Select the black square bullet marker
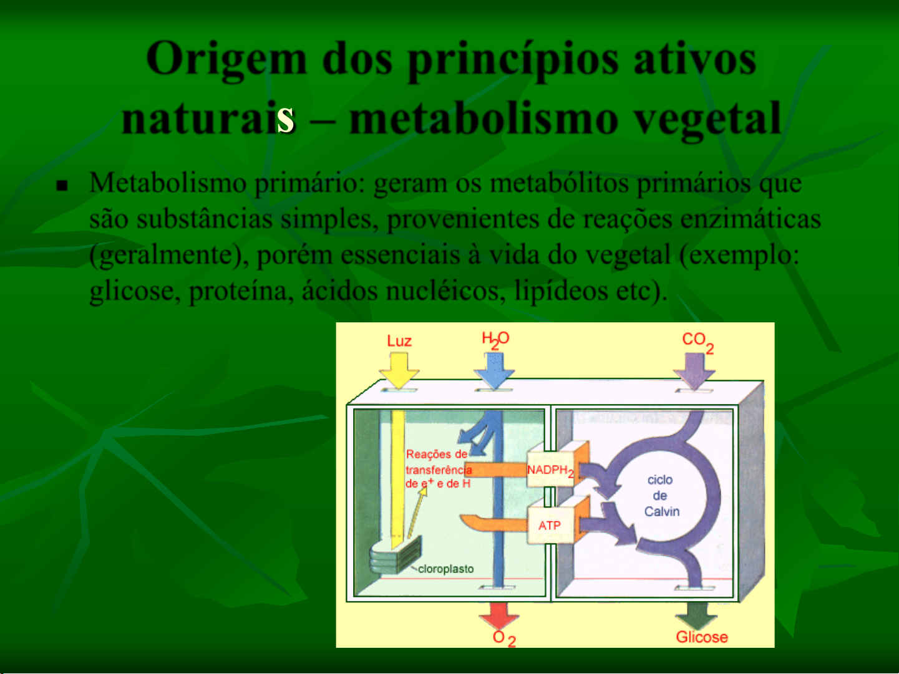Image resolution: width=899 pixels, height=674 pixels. [62, 186]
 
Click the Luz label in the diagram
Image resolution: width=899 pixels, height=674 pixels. [399, 341]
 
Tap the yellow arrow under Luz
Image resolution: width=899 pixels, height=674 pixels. [399, 371]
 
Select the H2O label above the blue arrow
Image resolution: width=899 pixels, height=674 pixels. [495, 340]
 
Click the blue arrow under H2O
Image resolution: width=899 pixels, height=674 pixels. [494, 371]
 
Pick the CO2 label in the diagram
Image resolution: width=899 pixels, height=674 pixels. [697, 342]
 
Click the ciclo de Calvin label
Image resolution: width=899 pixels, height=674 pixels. [661, 496]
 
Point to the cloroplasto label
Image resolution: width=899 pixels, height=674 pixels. [445, 569]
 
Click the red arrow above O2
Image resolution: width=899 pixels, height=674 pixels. [499, 615]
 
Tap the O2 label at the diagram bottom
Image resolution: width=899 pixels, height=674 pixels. [504, 638]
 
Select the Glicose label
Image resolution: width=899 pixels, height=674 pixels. [702, 637]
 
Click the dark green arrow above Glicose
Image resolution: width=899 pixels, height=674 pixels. [696, 615]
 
